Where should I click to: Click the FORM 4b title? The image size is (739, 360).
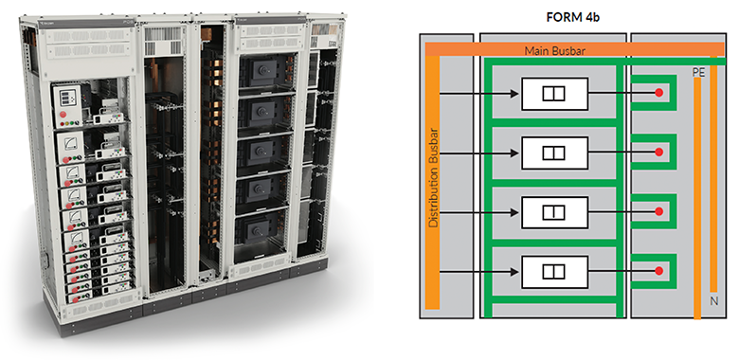pyautogui.click(x=572, y=18)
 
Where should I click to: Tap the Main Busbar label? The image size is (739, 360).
pyautogui.click(x=554, y=50)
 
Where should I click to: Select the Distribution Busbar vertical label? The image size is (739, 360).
pyautogui.click(x=434, y=178)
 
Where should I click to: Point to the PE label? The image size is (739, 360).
pyautogui.click(x=697, y=73)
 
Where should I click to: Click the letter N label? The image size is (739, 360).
pyautogui.click(x=714, y=301)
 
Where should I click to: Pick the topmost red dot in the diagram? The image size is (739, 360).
pyautogui.click(x=658, y=93)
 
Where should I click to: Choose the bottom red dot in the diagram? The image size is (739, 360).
pyautogui.click(x=658, y=271)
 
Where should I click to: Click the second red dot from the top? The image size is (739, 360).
pyautogui.click(x=658, y=153)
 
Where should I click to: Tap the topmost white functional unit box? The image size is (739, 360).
pyautogui.click(x=554, y=94)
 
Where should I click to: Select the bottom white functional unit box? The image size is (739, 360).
pyautogui.click(x=554, y=272)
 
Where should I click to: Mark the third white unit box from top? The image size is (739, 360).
pyautogui.click(x=554, y=212)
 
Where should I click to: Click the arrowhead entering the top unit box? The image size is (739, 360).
pyautogui.click(x=514, y=94)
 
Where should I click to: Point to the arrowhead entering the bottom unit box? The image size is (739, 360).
pyautogui.click(x=514, y=272)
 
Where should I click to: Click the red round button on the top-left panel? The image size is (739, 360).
pyautogui.click(x=63, y=115)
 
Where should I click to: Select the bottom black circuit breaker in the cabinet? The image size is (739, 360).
pyautogui.click(x=259, y=231)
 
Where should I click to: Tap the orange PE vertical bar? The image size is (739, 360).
pyautogui.click(x=697, y=198)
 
